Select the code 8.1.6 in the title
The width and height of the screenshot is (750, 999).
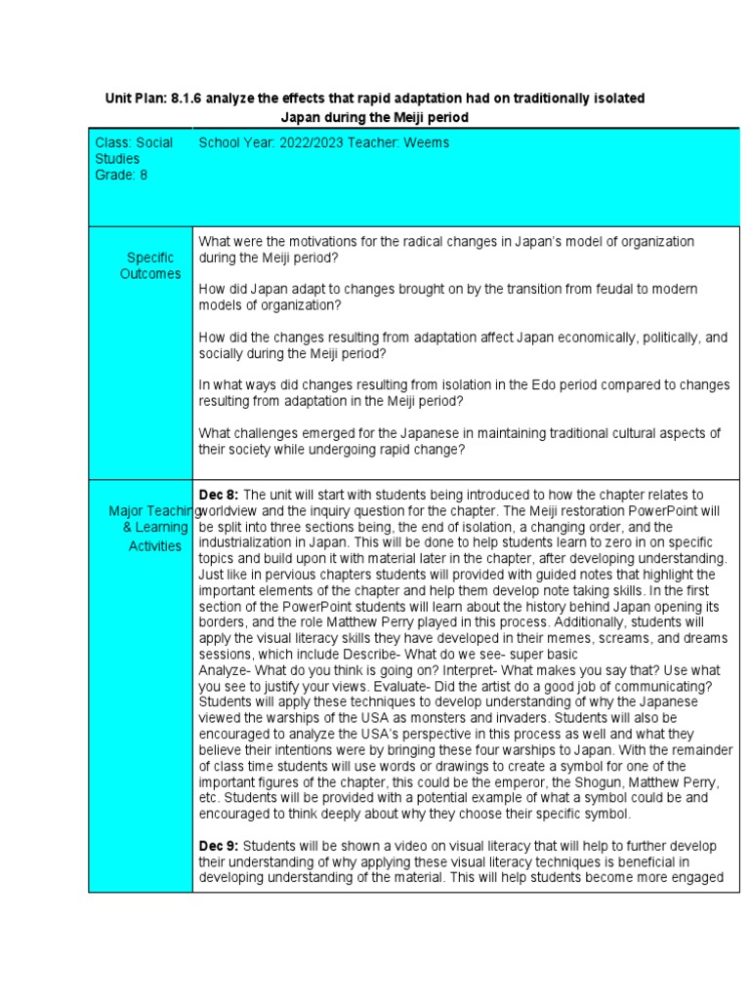pos(192,99)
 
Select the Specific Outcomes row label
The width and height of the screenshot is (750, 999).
pos(150,265)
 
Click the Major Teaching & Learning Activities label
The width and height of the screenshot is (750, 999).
pos(154,528)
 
